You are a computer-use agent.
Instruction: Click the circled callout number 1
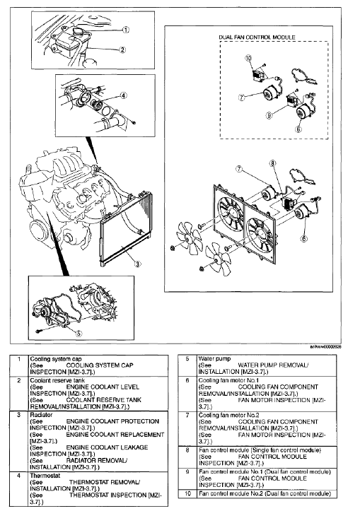tap(126, 30)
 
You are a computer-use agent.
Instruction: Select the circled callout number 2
tap(122, 49)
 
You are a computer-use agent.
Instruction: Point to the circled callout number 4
tap(123, 95)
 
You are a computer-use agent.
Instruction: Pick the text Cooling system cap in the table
tap(57, 358)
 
